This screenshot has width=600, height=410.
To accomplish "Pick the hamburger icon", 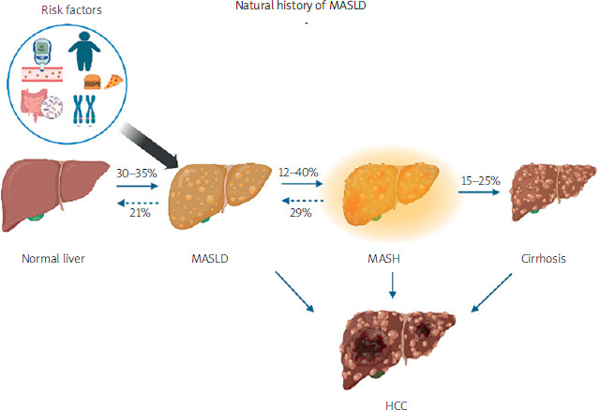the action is coord(90,83).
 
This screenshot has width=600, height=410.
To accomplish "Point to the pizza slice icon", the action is coord(113,82).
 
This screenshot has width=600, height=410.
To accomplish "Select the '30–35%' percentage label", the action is coord(137,174).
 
